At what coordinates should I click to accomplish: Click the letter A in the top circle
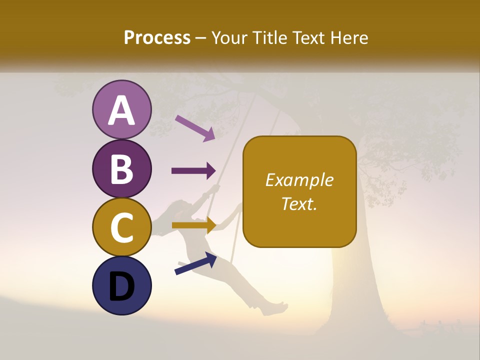122,110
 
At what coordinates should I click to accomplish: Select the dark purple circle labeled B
122,169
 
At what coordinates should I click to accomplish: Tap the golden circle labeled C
122,227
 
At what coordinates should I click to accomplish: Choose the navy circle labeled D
122,285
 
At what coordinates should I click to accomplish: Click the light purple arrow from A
195,128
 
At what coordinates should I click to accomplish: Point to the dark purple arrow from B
193,171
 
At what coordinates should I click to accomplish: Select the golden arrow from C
193,225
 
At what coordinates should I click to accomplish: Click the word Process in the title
157,37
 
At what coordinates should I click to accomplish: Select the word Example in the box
299,180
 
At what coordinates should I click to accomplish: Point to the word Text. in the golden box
299,203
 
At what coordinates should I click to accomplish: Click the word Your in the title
228,37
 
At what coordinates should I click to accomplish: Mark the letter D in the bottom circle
122,286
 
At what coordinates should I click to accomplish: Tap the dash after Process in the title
201,38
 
